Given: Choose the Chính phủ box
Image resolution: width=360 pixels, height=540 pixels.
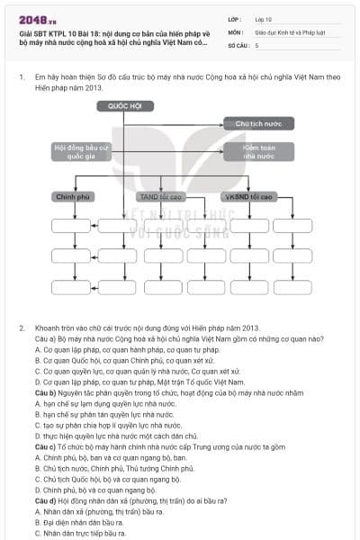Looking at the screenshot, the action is point(74,195).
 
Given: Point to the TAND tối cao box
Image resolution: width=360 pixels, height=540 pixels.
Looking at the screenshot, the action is point(160,195).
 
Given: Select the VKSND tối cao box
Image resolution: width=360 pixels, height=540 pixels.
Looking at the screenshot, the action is point(251,195).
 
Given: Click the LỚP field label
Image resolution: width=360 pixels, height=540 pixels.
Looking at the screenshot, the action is point(236,18).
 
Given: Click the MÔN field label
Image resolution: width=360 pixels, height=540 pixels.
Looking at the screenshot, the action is point(237,31).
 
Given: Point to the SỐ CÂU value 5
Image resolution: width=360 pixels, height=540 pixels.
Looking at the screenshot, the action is point(257,44).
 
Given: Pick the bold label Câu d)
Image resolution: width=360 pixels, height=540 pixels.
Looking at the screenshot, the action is point(46,499).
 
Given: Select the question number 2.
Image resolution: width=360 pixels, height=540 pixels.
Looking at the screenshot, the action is point(21,328).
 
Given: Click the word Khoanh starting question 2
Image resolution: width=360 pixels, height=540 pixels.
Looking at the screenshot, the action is point(49,328).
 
